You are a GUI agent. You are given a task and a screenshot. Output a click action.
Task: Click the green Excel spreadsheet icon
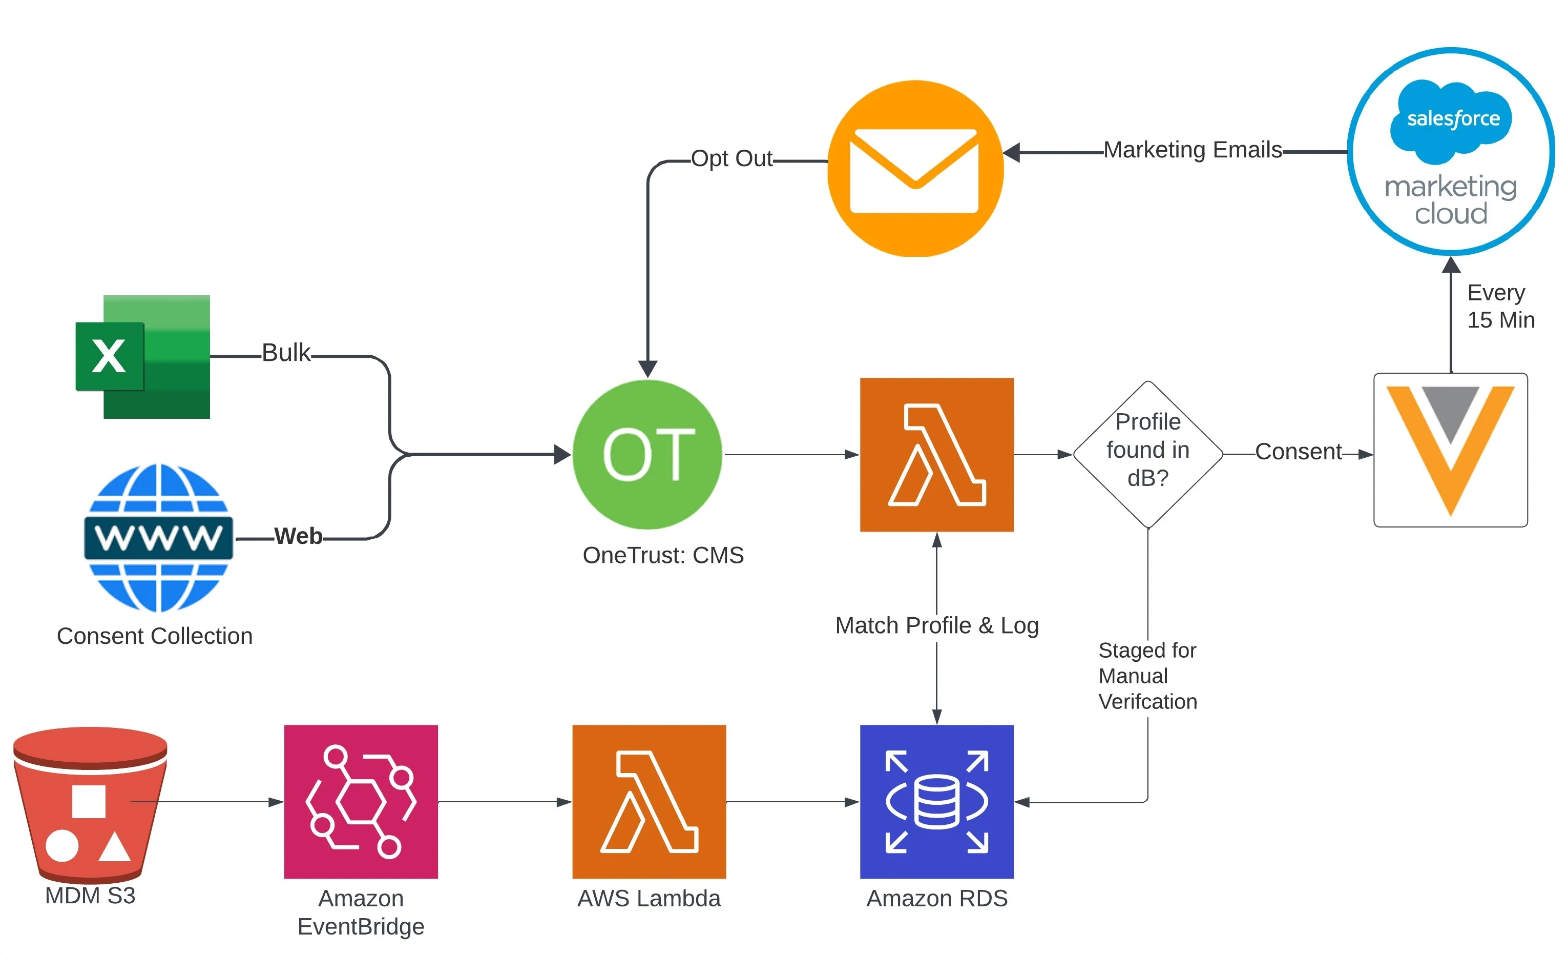143,357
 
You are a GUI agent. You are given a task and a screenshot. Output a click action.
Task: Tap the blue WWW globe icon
158,538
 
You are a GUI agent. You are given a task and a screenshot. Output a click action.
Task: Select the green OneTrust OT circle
648,454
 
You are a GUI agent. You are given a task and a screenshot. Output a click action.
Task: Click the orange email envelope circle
915,169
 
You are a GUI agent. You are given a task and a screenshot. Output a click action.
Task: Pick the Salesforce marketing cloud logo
1450,152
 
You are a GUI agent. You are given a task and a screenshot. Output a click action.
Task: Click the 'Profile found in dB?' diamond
1147,454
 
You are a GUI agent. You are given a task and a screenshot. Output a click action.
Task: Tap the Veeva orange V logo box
1450,450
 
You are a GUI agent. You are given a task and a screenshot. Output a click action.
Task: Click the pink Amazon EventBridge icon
361,802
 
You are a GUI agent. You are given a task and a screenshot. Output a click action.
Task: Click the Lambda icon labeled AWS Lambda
649,802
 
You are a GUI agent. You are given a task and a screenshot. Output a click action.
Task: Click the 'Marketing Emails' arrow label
1192,150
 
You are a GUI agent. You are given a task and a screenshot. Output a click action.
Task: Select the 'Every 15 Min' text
1500,307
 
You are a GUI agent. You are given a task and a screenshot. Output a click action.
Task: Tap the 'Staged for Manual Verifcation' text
1147,676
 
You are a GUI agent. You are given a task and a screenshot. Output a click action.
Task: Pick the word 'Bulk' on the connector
286,353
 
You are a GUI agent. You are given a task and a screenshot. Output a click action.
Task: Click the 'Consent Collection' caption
155,636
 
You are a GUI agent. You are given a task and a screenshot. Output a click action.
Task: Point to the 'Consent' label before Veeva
1298,452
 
